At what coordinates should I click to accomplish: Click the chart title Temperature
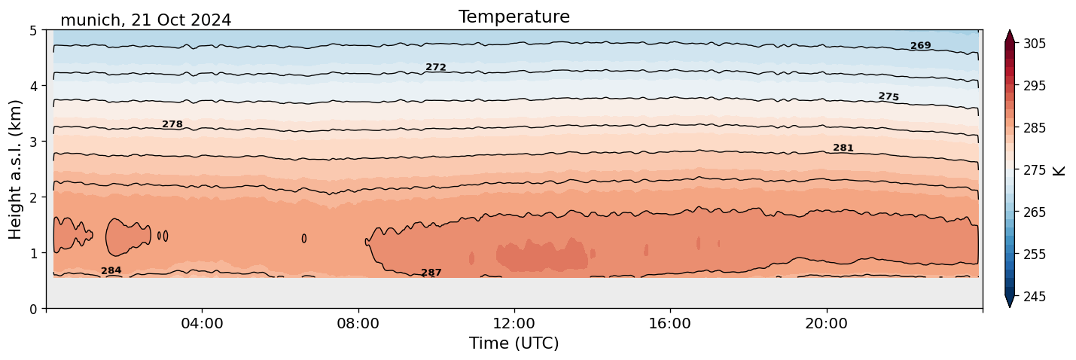coord(514,17)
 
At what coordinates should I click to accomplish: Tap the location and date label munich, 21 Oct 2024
coord(145,20)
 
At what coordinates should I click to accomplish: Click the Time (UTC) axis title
coord(514,344)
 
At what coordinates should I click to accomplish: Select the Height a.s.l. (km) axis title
coord(16,169)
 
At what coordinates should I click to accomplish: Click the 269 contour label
coord(920,46)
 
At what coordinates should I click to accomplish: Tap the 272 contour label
coord(435,68)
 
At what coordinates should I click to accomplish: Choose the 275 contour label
coord(889,96)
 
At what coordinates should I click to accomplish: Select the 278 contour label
coord(172,124)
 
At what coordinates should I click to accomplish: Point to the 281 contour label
coord(843,148)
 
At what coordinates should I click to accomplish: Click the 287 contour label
coord(431,273)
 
